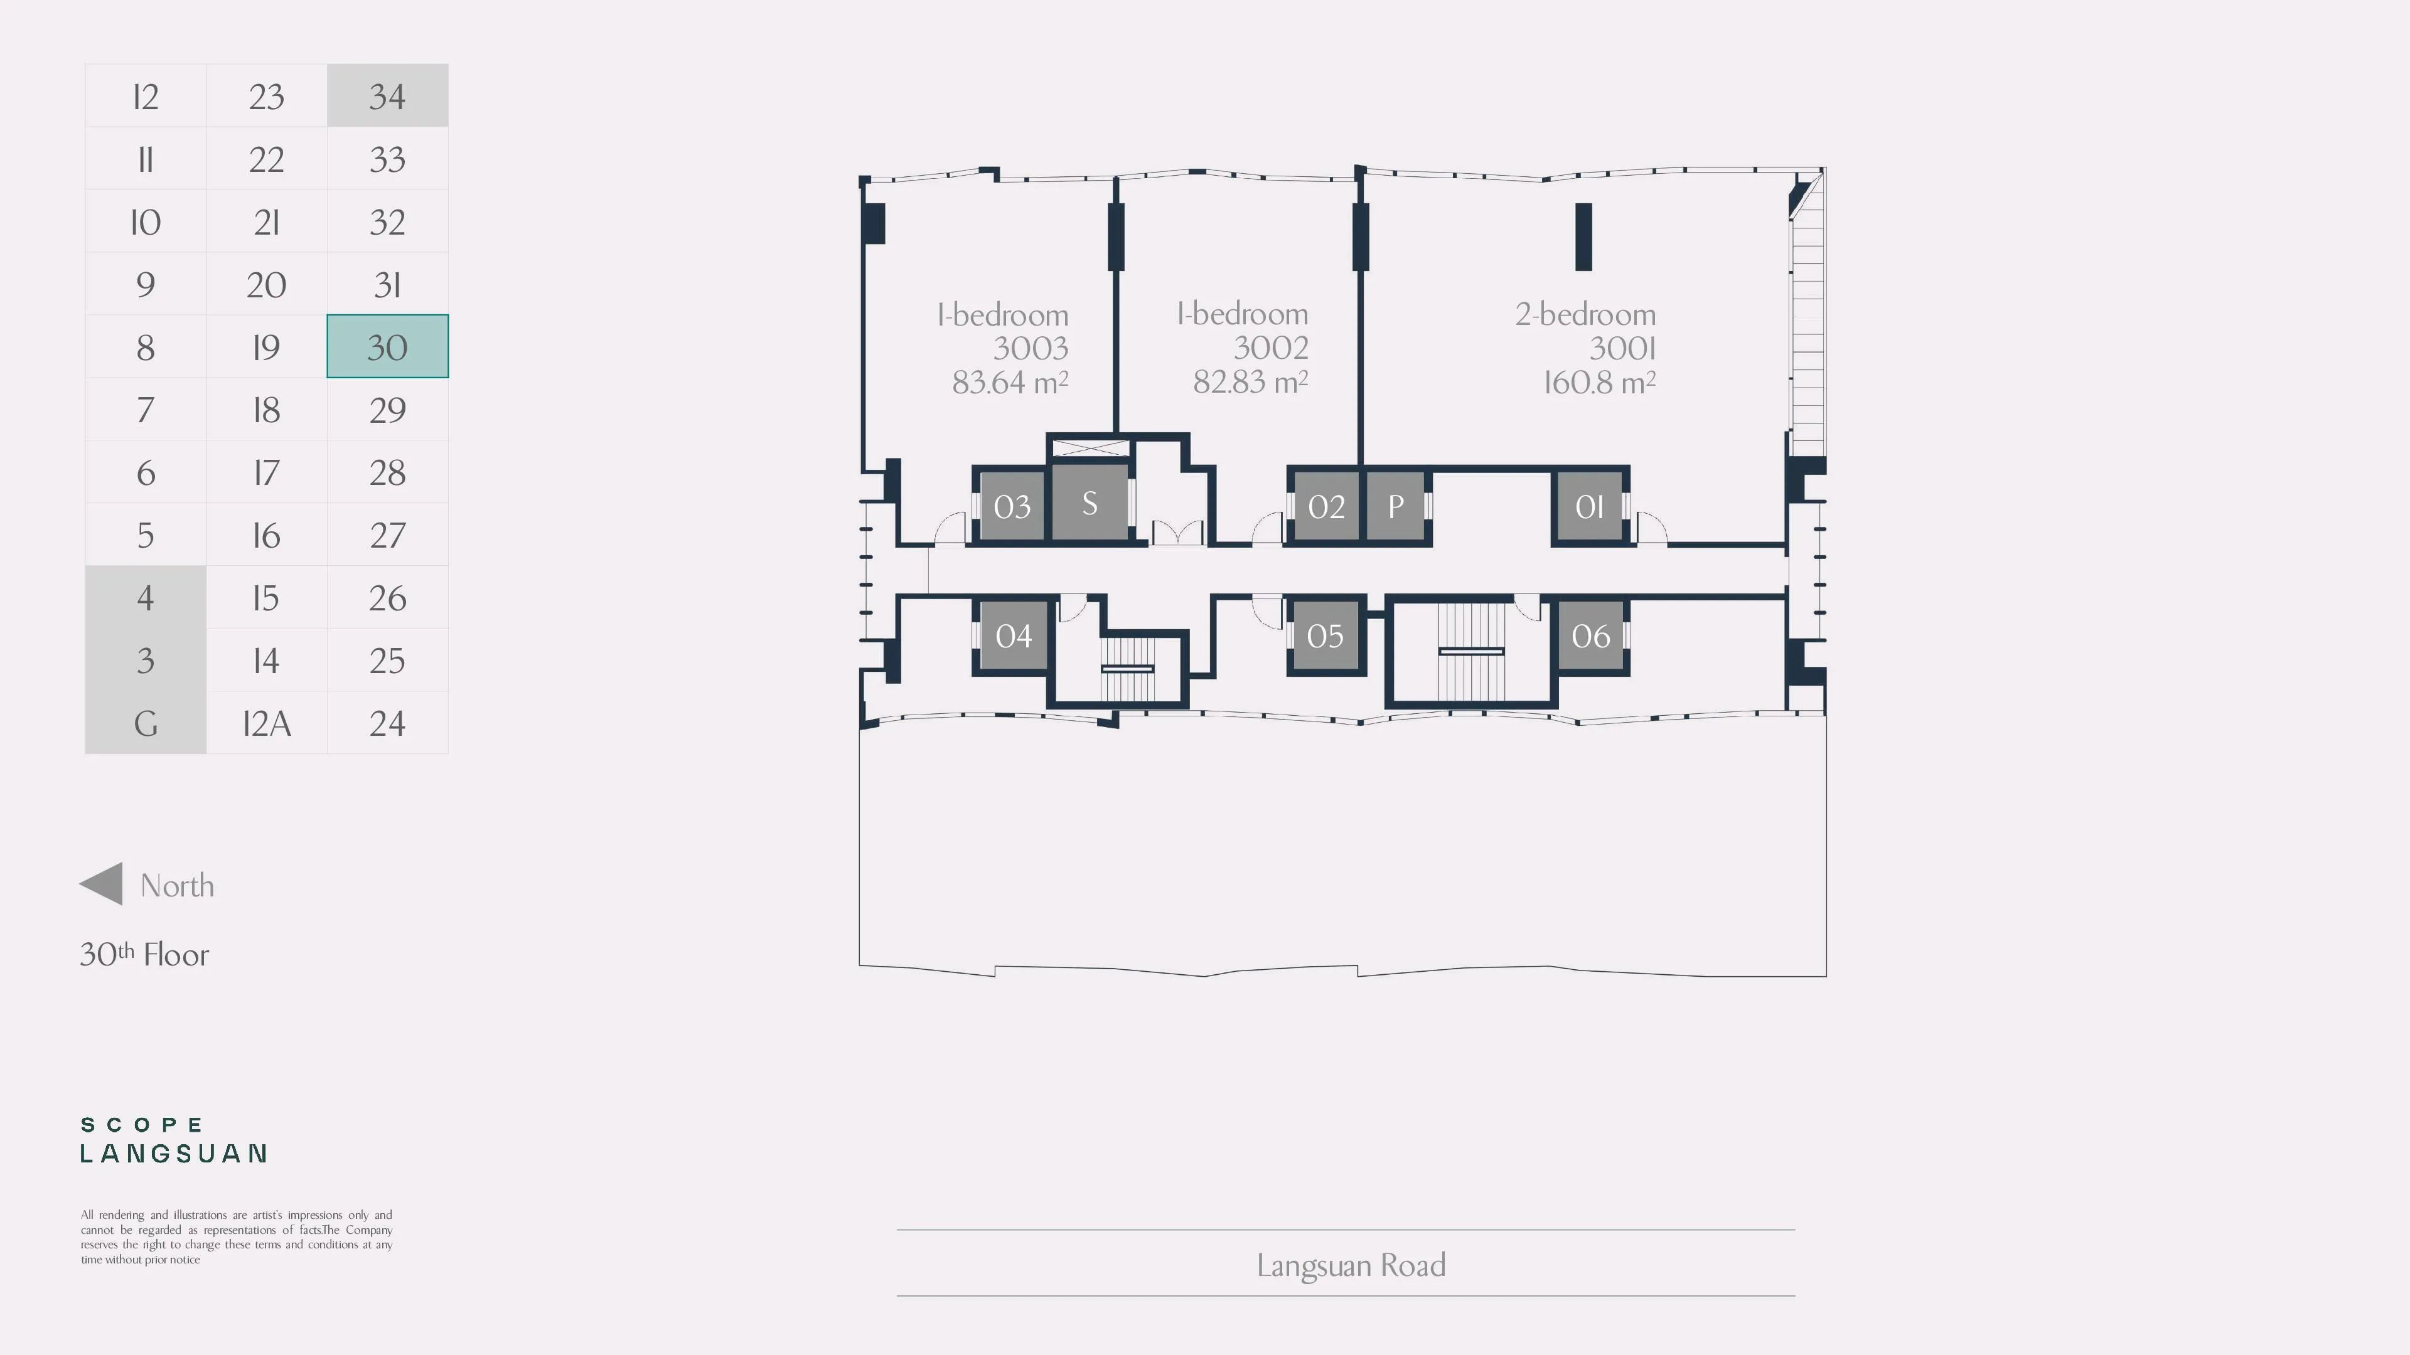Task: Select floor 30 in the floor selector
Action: [x=387, y=347]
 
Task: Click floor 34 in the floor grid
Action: [x=387, y=95]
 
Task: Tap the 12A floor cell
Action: [x=267, y=723]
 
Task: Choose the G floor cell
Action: [x=145, y=723]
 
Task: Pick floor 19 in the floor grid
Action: [x=267, y=347]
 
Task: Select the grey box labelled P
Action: [x=1395, y=506]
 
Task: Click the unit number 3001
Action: [x=1622, y=349]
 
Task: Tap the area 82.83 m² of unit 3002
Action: [x=1251, y=381]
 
